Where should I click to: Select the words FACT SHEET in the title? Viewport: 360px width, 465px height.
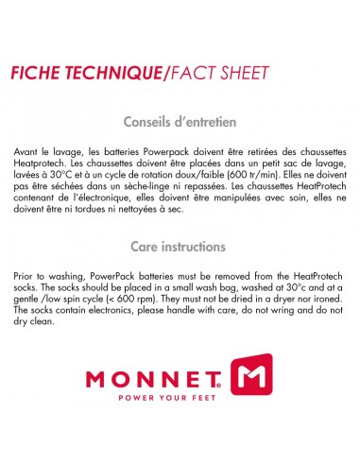click(222, 73)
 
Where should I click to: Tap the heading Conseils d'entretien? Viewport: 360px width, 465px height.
click(180, 122)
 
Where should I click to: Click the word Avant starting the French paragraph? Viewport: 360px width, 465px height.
click(28, 152)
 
